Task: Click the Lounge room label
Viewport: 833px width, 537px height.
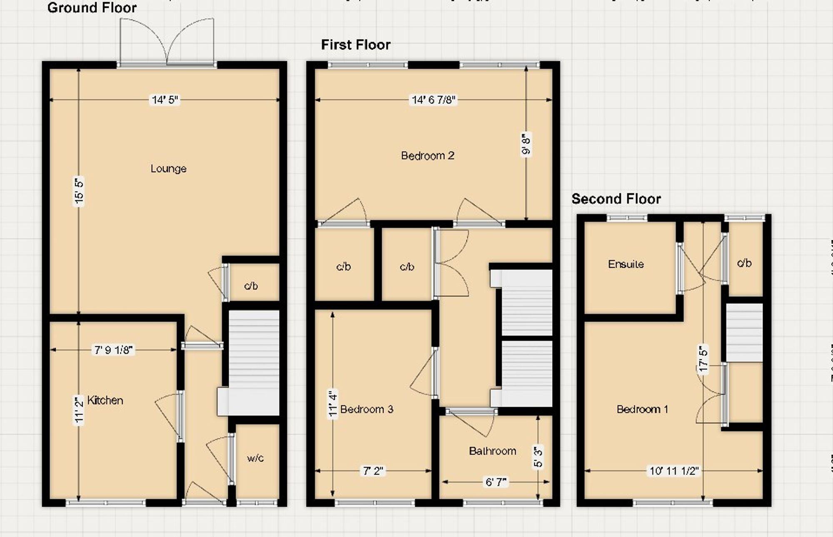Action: point(168,169)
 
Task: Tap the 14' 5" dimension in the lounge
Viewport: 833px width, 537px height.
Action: point(165,100)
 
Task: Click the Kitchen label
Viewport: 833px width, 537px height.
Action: point(105,400)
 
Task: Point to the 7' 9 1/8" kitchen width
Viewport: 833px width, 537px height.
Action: point(113,350)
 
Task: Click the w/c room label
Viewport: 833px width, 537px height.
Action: point(255,458)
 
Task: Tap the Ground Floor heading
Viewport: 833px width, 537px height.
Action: point(92,7)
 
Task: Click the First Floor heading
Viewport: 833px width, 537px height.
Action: point(356,45)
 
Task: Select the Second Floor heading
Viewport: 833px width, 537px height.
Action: point(616,199)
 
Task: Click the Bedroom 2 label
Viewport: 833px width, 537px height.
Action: point(427,156)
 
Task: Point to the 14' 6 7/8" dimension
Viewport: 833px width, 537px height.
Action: point(434,100)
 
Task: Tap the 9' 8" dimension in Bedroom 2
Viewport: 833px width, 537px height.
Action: point(526,144)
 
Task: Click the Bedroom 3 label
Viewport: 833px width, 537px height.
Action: point(367,409)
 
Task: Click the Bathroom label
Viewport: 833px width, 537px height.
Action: point(492,451)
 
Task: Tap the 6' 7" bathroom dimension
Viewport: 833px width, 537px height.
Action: point(496,482)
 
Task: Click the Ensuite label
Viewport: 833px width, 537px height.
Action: point(626,264)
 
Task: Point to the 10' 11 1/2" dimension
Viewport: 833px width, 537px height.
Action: point(674,471)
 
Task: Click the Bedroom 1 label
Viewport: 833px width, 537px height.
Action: point(642,409)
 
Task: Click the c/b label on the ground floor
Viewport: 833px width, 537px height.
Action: point(251,286)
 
